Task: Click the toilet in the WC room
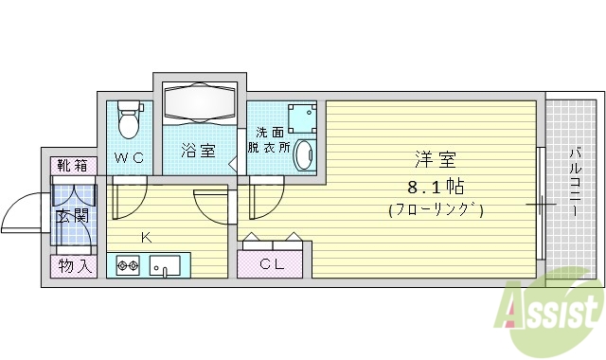coord(129,120)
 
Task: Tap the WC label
coord(130,158)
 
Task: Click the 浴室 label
coord(199,151)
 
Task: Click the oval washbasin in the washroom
coord(304,155)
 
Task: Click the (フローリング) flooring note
coord(436,210)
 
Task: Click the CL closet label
coord(274,264)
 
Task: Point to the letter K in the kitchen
coord(147,236)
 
